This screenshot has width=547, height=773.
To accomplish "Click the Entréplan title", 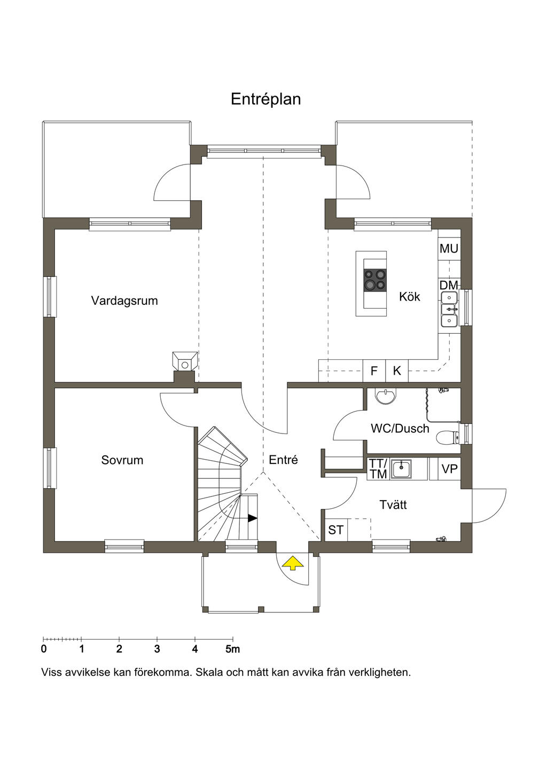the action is click(x=265, y=99).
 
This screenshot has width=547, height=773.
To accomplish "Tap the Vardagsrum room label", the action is click(x=124, y=301).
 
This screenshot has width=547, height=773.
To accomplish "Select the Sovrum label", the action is click(x=122, y=460).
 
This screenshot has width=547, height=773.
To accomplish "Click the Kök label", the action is click(x=410, y=296).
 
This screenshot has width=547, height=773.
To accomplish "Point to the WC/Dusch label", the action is click(x=400, y=429).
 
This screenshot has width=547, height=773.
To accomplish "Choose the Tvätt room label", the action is click(x=393, y=505).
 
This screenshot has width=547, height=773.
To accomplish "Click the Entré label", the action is click(x=283, y=460).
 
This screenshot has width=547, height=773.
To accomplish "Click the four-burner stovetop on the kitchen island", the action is click(x=374, y=280).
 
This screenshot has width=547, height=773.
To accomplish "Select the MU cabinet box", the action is click(x=449, y=249).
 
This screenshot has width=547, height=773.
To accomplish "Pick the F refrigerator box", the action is click(x=374, y=371).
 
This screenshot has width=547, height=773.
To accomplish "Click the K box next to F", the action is click(x=397, y=371).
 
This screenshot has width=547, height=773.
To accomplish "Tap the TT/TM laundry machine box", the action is click(x=378, y=469).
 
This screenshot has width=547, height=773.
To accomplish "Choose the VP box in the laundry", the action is click(x=449, y=469).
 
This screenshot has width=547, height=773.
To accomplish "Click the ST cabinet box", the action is click(x=336, y=530).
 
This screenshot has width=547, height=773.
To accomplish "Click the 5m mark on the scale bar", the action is click(x=233, y=649).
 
